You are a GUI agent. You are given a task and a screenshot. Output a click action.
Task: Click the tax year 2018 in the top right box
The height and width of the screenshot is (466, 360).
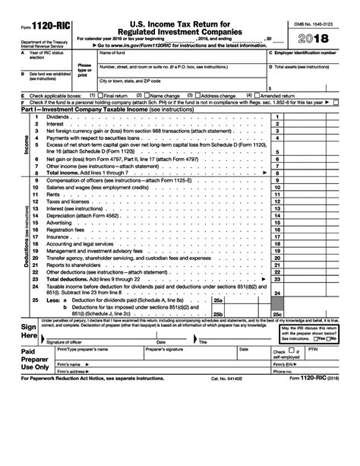pyautogui.click(x=312, y=36)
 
